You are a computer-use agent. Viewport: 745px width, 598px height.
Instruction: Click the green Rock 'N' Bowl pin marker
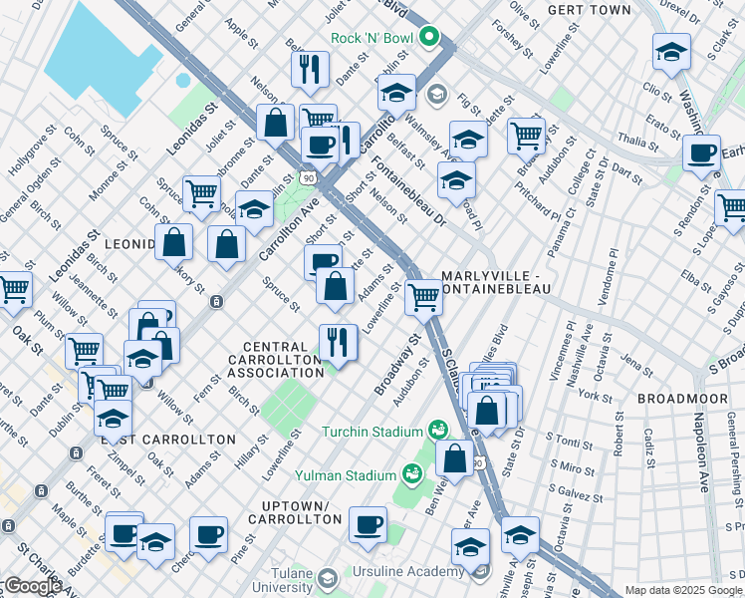click(430, 39)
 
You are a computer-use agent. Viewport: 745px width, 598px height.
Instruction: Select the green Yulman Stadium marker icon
click(410, 474)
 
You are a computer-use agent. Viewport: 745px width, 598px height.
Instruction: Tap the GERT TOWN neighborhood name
click(589, 10)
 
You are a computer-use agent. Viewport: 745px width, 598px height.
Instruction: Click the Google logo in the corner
click(33, 586)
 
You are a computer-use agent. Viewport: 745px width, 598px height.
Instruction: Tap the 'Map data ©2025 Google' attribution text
click(683, 590)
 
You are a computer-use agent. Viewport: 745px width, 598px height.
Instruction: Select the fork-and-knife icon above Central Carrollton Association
click(338, 343)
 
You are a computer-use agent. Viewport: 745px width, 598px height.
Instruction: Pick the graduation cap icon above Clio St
click(671, 52)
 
